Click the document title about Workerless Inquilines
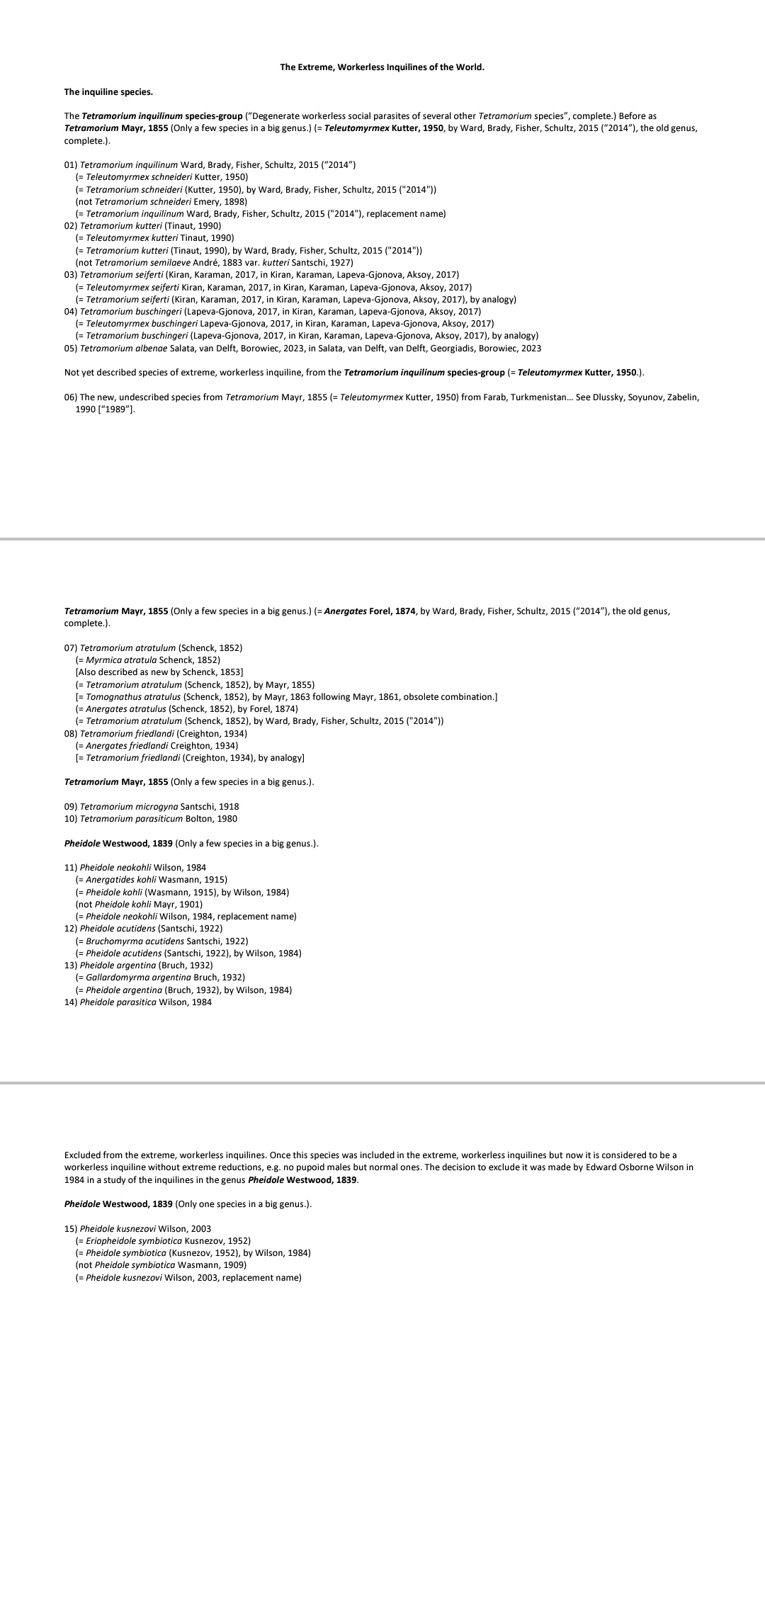pyautogui.click(x=382, y=67)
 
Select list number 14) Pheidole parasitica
pyautogui.click(x=71, y=1002)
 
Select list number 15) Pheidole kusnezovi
pyautogui.click(x=71, y=1228)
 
